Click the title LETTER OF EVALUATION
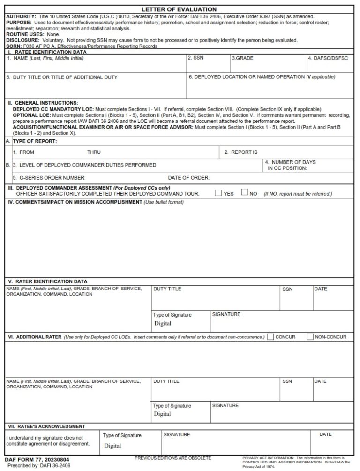tap(180, 9)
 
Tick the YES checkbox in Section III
tap(218, 192)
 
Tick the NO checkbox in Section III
tap(244, 192)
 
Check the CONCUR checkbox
tap(270, 336)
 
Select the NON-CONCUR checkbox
tap(310, 336)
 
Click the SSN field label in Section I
tap(195, 58)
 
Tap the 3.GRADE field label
tap(242, 58)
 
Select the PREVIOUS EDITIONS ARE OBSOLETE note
tap(172, 458)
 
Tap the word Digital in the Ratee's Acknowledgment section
tap(112, 446)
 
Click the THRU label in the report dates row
tap(94, 152)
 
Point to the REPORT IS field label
tap(241, 152)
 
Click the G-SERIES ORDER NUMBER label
tap(49, 178)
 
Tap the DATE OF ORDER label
tap(188, 178)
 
